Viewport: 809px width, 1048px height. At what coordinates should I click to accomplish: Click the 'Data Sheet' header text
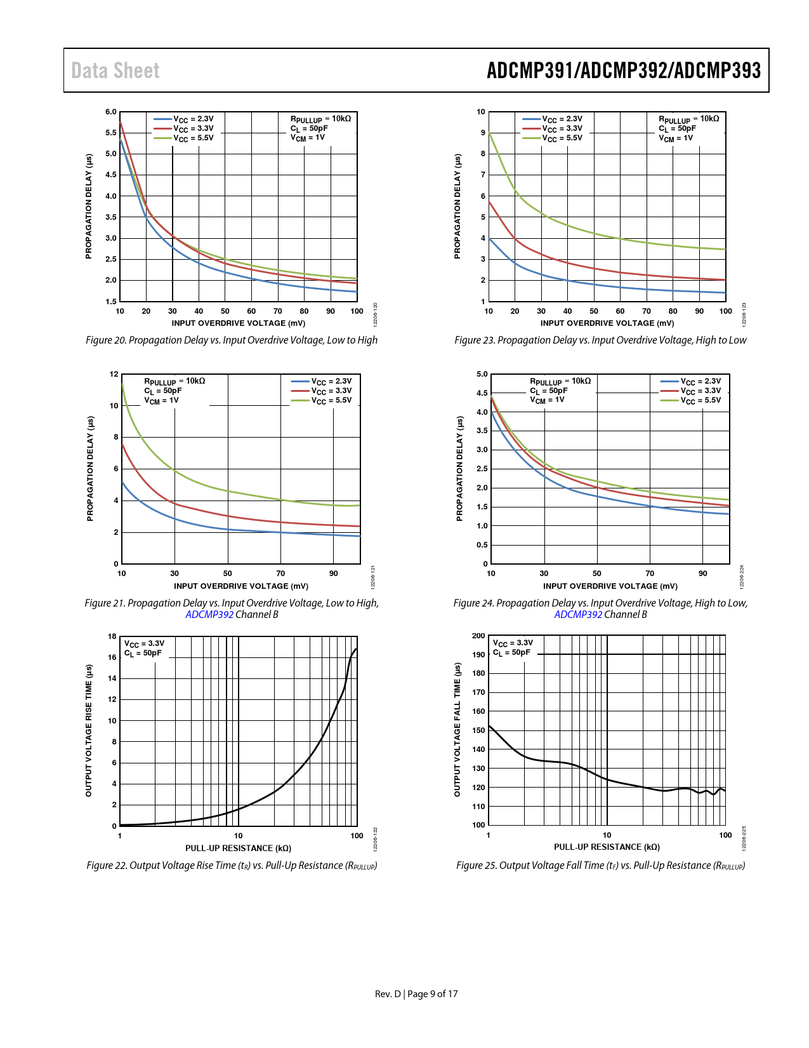click(x=115, y=71)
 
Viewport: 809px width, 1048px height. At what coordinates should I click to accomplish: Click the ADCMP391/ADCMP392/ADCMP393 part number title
click(x=623, y=71)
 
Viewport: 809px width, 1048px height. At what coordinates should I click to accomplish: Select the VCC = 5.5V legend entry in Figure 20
click(x=193, y=138)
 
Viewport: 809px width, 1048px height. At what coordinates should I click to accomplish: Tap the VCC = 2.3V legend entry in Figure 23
click(x=562, y=119)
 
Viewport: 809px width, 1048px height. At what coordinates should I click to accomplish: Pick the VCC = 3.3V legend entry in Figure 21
click(x=331, y=391)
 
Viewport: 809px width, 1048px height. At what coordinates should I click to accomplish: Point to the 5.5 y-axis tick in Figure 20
click(x=111, y=133)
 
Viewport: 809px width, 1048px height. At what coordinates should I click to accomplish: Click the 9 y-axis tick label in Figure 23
click(x=483, y=133)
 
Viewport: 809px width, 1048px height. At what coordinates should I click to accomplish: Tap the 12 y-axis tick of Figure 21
click(x=114, y=374)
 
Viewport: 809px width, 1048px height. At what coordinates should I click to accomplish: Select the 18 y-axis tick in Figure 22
click(x=112, y=636)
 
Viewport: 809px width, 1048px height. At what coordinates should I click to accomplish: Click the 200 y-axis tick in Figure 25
click(x=479, y=636)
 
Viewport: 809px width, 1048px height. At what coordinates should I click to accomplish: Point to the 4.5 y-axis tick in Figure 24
click(x=482, y=393)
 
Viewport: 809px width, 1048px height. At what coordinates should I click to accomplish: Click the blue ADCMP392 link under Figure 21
click(x=209, y=614)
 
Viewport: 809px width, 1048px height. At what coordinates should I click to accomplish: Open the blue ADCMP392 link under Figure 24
click(x=578, y=614)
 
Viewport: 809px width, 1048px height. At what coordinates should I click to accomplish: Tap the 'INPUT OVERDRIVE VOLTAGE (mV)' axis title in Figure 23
click(x=607, y=323)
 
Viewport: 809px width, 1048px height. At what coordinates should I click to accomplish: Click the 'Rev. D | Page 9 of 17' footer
click(x=416, y=994)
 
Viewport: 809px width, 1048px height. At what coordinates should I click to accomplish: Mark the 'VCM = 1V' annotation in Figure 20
click(x=308, y=138)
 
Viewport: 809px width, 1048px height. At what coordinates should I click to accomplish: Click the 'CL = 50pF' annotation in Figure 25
click(x=511, y=652)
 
